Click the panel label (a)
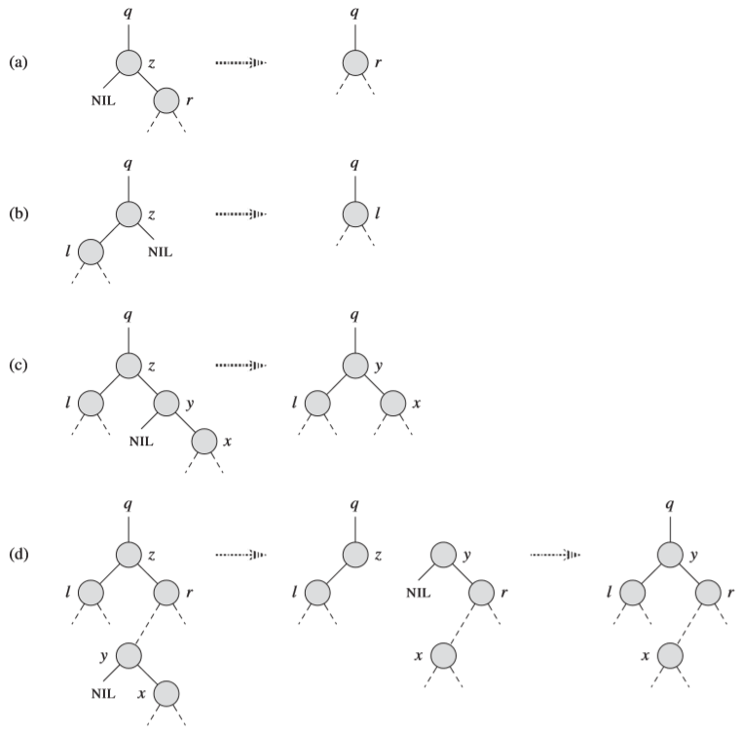18,63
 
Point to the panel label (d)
18,556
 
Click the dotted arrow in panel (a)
241,63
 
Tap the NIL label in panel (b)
160,251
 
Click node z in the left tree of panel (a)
130,63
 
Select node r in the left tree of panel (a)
166,100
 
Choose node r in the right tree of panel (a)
355,63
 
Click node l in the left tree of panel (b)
92,251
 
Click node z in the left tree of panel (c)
130,366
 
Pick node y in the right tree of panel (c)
355,366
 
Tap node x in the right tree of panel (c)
391,403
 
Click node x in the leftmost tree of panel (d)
166,693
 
